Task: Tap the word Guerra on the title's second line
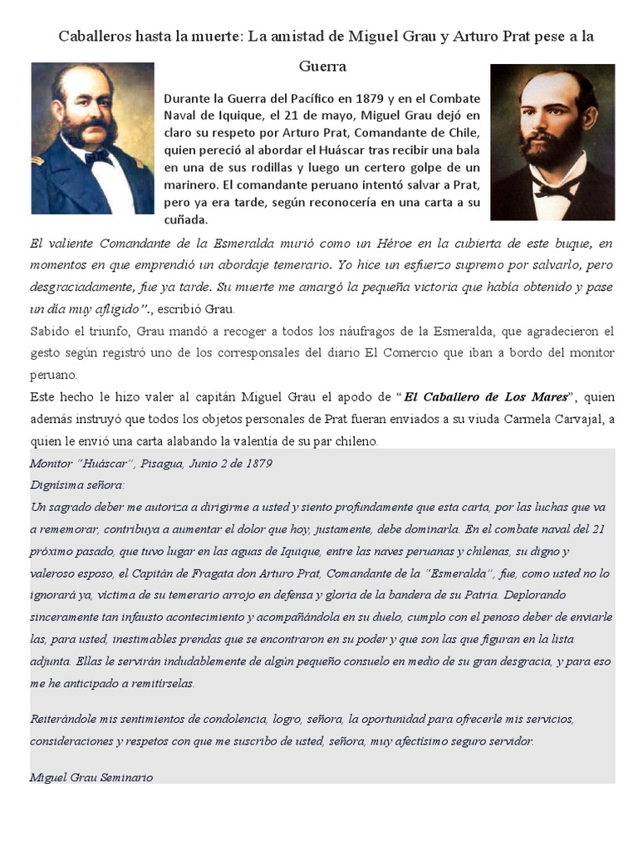pos(323,66)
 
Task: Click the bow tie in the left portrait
pos(98,156)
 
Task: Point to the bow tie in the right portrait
pos(552,189)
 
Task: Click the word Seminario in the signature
pos(125,778)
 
